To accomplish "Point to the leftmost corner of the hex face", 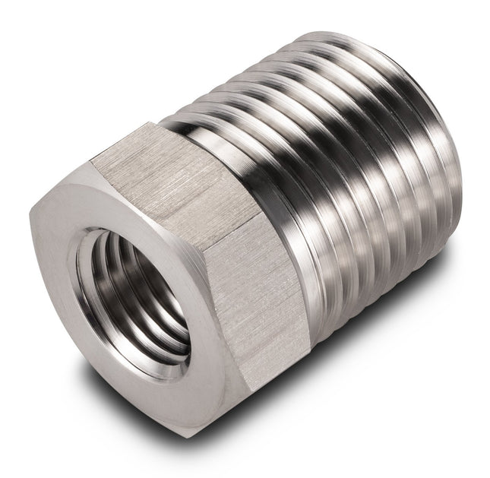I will pos(31,217).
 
